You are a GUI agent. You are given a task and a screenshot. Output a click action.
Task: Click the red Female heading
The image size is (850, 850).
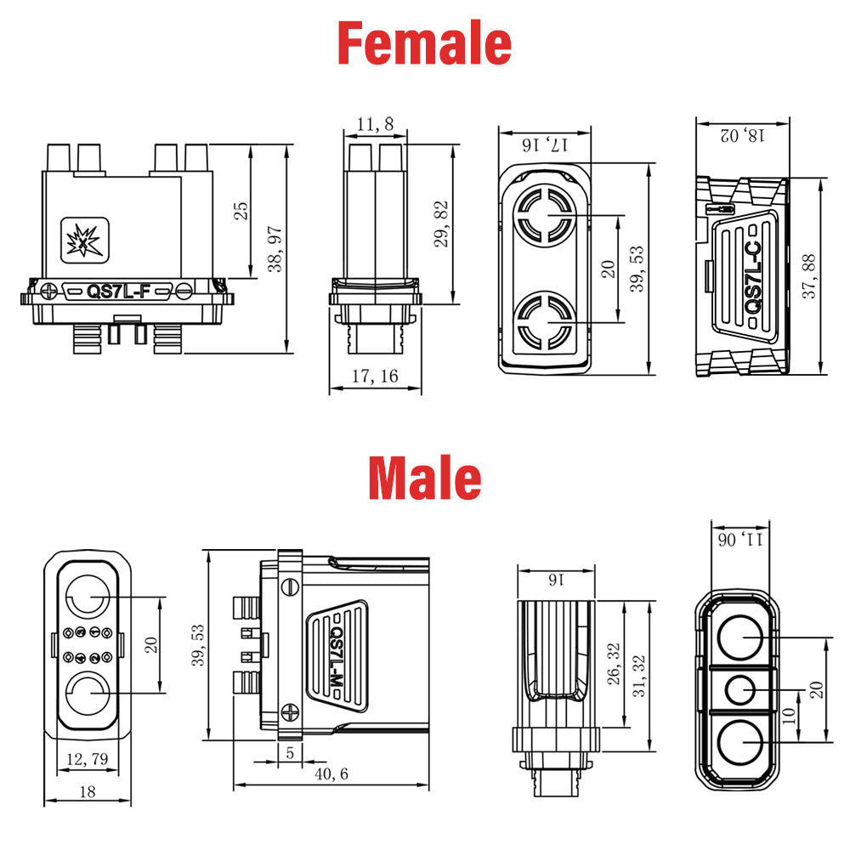pyautogui.click(x=424, y=42)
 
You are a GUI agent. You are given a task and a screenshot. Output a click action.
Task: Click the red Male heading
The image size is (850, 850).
pyautogui.click(x=424, y=478)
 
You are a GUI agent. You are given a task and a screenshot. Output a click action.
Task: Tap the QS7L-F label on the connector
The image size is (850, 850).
pyautogui.click(x=118, y=291)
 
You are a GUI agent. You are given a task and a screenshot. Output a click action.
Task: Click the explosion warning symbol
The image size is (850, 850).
pyautogui.click(x=84, y=241)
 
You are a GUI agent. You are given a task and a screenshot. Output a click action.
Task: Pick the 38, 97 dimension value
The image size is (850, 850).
pyautogui.click(x=275, y=249)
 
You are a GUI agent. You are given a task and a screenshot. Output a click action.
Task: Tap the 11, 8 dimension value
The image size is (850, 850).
pyautogui.click(x=375, y=124)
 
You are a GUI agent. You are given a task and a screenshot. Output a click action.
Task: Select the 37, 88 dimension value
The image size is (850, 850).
pyautogui.click(x=808, y=276)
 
